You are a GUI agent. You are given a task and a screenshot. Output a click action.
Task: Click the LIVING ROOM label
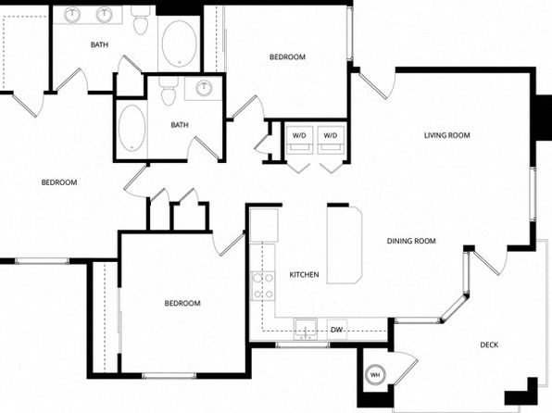coord(446,135)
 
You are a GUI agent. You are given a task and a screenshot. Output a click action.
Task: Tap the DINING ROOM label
coord(411,241)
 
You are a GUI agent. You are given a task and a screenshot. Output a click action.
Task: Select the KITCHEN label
coord(304,275)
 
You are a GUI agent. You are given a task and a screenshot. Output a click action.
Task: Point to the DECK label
coord(489,345)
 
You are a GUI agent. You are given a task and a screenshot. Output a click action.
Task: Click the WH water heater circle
coord(375,375)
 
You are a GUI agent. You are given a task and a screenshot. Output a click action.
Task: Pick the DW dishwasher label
coord(337,330)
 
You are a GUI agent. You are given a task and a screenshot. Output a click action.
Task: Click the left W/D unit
coord(299,140)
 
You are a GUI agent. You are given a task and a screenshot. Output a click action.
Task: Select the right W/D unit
coord(331,140)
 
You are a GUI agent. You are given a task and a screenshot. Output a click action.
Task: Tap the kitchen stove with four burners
coord(263,286)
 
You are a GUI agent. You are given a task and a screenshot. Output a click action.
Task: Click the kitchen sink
coord(306,330)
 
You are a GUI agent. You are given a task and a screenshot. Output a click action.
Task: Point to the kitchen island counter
coord(345,245)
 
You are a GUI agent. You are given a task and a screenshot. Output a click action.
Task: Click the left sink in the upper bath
coord(72,15)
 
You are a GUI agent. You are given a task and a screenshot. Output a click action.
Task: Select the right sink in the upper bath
coord(105,15)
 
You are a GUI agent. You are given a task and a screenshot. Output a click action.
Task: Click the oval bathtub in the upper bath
coord(179,44)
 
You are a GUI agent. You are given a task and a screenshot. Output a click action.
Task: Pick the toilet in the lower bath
coord(168,91)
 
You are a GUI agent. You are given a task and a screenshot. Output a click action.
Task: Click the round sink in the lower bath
coord(204,88)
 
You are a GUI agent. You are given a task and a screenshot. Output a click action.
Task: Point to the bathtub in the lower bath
coord(132,128)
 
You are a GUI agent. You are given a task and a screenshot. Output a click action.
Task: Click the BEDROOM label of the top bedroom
coord(287,57)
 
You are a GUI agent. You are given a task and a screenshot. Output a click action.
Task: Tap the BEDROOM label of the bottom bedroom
coord(182,304)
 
